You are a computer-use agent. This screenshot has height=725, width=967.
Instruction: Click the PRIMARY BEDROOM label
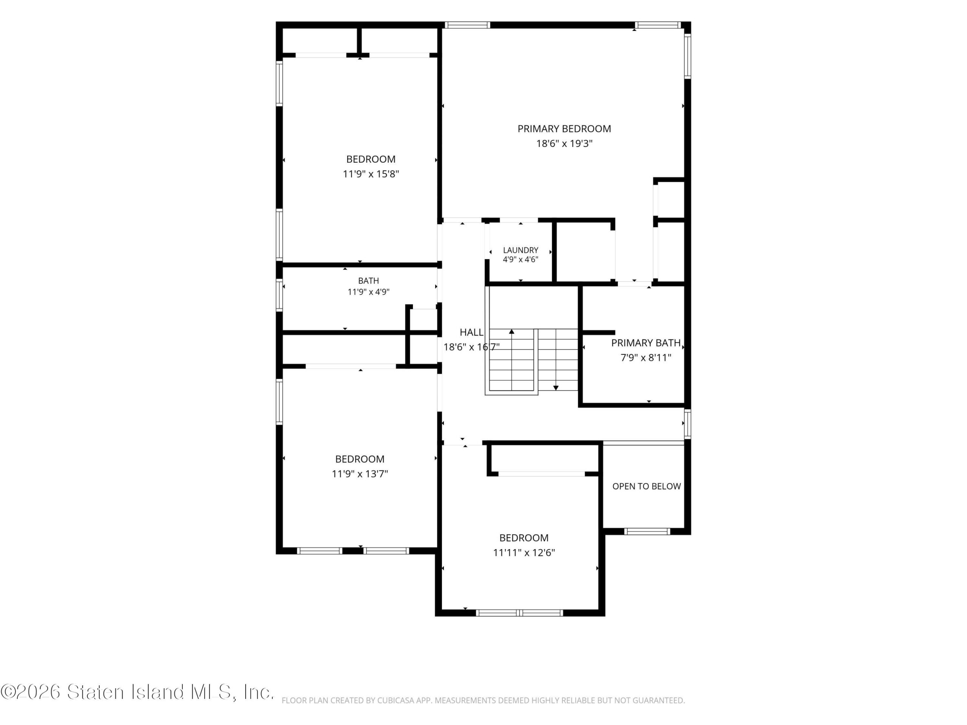click(x=564, y=129)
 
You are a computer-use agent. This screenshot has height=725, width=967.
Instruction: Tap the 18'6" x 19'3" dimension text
click(x=564, y=143)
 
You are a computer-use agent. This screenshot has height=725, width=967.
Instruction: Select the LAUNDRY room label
click(x=520, y=250)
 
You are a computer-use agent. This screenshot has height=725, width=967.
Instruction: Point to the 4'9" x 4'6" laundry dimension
click(x=520, y=259)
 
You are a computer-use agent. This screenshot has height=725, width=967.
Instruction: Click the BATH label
click(x=369, y=281)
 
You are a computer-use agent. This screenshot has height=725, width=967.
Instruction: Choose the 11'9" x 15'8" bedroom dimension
click(x=371, y=174)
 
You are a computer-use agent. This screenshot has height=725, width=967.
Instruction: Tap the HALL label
click(x=471, y=333)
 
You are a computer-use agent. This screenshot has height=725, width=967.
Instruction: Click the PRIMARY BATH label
click(x=646, y=343)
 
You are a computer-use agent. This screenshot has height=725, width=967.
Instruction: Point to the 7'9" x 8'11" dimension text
click(x=646, y=358)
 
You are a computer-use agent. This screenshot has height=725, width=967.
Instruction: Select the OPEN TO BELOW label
click(x=647, y=486)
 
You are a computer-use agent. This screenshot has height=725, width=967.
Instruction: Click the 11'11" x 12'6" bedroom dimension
click(x=524, y=553)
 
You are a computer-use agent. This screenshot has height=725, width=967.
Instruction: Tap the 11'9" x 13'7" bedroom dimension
click(x=360, y=474)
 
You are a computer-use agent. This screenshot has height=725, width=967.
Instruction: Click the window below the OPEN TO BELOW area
click(x=647, y=531)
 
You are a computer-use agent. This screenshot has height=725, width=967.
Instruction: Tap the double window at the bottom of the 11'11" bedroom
click(x=519, y=613)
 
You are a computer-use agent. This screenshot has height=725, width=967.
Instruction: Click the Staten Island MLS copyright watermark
click(x=137, y=692)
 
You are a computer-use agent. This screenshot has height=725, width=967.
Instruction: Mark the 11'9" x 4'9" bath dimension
click(x=369, y=292)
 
